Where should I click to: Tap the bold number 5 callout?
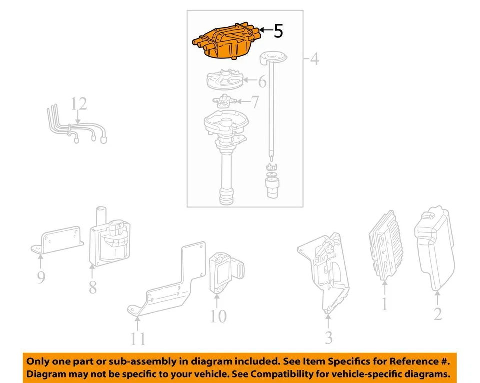(278, 31)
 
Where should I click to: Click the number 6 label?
(262, 81)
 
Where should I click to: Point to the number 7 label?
(254, 103)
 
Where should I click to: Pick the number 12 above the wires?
(79, 104)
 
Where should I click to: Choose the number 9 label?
(41, 277)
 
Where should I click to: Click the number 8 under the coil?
(93, 288)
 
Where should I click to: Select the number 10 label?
(218, 316)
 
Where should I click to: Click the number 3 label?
(328, 337)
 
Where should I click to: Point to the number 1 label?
(384, 303)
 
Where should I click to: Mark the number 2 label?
(437, 314)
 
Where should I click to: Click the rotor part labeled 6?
(224, 81)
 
